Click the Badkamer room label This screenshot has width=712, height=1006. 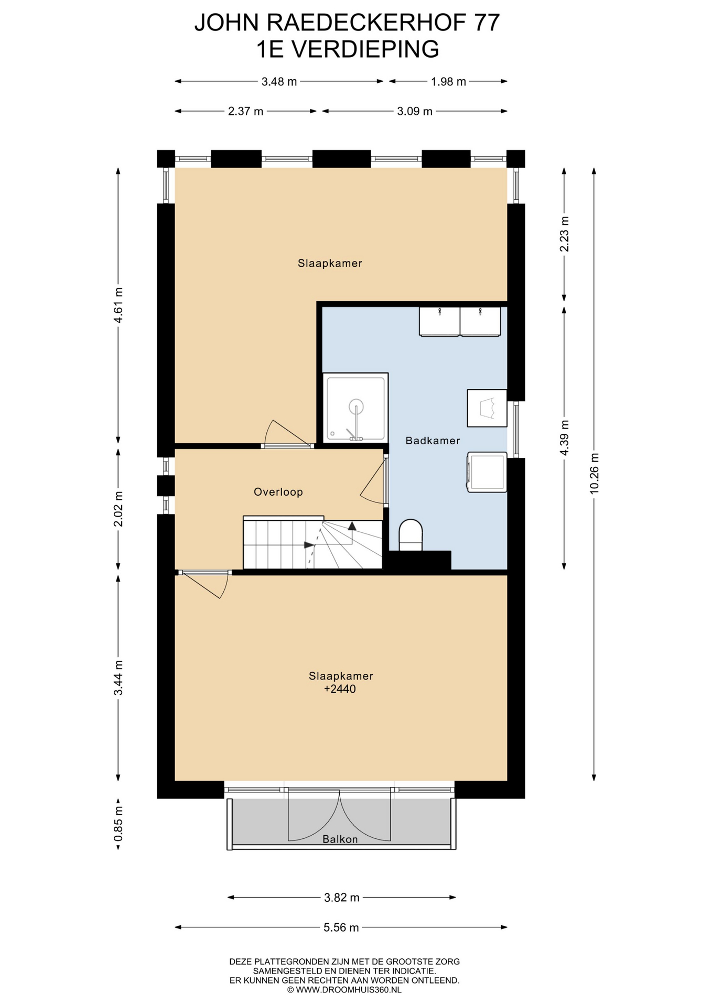pos(433,441)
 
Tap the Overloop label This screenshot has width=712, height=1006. pos(278,492)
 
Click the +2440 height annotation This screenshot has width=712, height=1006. pos(340,689)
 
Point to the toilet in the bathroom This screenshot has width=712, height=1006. pos(411,535)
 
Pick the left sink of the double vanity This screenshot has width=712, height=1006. pos(439,321)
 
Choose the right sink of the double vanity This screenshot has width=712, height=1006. pos(480,321)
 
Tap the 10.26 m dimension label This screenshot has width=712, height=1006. pos(594,473)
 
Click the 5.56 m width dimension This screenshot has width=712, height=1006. pos(341,927)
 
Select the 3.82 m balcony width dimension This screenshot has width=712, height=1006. pos(341,898)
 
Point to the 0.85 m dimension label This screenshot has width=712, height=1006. pos(118,823)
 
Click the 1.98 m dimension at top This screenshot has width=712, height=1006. pos(448,82)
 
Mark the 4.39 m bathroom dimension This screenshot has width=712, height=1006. pos(564,438)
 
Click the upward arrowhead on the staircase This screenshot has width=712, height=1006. pos(352,526)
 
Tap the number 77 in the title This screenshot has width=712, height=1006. pos(487,23)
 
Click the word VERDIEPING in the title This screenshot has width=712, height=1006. pos(364,49)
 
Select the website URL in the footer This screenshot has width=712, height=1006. pos(344,990)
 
